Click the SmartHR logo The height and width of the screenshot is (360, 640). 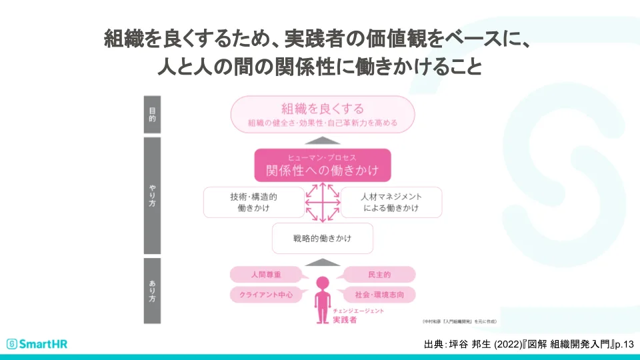pyautogui.click(x=37, y=344)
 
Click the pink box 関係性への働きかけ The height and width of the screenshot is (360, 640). pyautogui.click(x=323, y=165)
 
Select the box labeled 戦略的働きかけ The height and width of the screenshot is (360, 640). pyautogui.click(x=323, y=238)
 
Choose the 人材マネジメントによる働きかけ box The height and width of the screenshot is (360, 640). pyautogui.click(x=391, y=202)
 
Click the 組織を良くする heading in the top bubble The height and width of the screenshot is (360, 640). pyautogui.click(x=322, y=109)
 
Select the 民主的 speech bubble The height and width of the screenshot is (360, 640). pyautogui.click(x=379, y=274)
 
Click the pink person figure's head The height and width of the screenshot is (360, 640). pyautogui.click(x=323, y=282)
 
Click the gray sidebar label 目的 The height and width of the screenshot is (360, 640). pyautogui.click(x=152, y=115)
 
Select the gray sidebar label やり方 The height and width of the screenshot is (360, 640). pyautogui.click(x=152, y=195)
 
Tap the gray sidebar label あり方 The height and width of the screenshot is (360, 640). pyautogui.click(x=152, y=291)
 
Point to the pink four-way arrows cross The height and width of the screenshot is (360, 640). pyautogui.click(x=323, y=202)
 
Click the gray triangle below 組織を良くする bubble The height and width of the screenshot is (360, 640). pyautogui.click(x=323, y=141)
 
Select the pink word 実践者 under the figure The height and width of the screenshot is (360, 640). pyautogui.click(x=345, y=320)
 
